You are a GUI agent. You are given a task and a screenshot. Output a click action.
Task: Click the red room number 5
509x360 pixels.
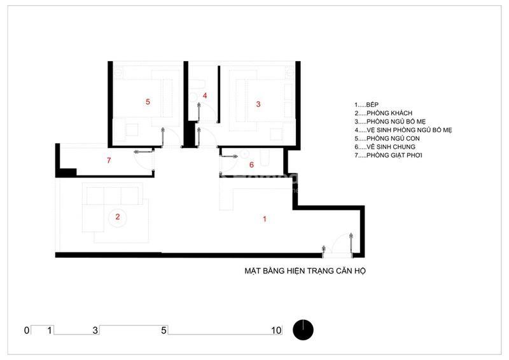(x=148, y=102)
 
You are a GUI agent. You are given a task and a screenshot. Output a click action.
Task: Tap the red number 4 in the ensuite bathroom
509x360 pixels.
(x=205, y=95)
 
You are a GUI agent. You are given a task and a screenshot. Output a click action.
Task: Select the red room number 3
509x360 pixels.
(x=258, y=104)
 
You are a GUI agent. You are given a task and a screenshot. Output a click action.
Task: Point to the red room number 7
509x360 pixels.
(x=109, y=160)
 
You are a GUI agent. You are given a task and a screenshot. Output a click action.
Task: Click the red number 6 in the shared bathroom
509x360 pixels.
(x=251, y=165)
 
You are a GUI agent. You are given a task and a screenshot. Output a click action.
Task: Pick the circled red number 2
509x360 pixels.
(x=118, y=217)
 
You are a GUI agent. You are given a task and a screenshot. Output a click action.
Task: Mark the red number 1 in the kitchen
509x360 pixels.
(x=265, y=219)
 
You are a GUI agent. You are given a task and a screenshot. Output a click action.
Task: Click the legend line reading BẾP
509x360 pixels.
(x=366, y=105)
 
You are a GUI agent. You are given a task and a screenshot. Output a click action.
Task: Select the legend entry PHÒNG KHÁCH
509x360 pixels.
(x=384, y=113)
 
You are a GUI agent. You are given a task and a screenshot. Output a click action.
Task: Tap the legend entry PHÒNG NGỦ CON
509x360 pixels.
(x=387, y=139)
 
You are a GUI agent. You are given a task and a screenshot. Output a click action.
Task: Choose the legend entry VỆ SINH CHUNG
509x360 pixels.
(x=385, y=147)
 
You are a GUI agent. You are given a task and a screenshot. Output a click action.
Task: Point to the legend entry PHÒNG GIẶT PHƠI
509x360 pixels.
(x=388, y=155)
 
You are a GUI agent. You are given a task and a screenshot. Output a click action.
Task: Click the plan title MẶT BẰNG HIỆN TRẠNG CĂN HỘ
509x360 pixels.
(x=305, y=271)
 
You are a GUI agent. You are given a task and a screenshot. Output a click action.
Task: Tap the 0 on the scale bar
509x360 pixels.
(x=27, y=331)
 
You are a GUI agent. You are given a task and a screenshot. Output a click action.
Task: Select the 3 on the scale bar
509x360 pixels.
(x=95, y=331)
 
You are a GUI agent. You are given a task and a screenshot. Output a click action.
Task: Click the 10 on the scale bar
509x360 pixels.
(x=276, y=331)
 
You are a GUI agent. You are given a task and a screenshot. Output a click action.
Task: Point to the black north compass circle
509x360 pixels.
(x=303, y=330)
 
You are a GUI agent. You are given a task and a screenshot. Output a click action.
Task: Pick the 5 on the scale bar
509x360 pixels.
(x=164, y=331)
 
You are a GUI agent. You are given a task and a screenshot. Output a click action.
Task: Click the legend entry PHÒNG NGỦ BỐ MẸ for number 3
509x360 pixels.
(x=390, y=121)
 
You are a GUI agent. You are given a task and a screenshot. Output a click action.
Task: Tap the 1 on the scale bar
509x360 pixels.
(x=50, y=331)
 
